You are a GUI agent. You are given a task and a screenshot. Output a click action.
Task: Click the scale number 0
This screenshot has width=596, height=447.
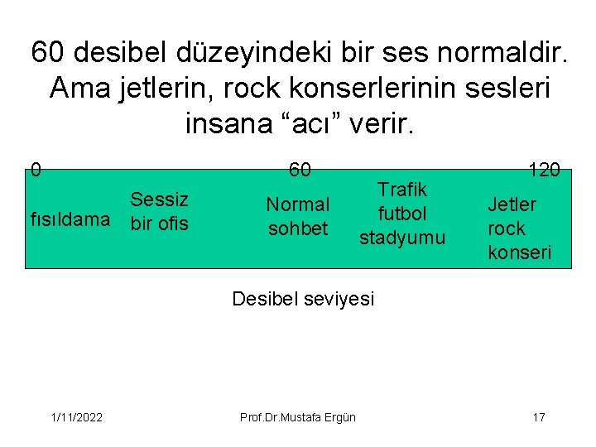pyautogui.click(x=35, y=171)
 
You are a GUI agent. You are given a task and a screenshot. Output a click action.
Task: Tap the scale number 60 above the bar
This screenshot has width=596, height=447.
pyautogui.click(x=300, y=171)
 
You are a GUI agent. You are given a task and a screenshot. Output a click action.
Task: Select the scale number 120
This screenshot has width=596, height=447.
pyautogui.click(x=545, y=171)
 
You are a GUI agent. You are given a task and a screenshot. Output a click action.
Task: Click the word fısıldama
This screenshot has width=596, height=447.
pyautogui.click(x=70, y=219)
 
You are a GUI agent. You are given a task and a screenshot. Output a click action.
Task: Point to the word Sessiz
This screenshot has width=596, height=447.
pyautogui.click(x=159, y=199)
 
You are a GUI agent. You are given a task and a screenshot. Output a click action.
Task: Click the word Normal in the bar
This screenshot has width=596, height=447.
pyautogui.click(x=298, y=204)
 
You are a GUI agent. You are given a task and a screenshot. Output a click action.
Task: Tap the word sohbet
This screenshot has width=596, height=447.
pyautogui.click(x=298, y=228)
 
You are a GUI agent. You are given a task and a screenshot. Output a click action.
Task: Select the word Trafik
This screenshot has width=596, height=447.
pyautogui.click(x=402, y=190)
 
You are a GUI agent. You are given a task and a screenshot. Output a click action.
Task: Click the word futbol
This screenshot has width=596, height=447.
pyautogui.click(x=402, y=214)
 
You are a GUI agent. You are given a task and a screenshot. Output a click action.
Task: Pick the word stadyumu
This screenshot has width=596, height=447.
pyautogui.click(x=402, y=238)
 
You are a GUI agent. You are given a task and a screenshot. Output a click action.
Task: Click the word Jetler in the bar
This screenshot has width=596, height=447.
pyautogui.click(x=512, y=204)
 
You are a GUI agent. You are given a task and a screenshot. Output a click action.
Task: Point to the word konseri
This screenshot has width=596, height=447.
pyautogui.click(x=519, y=252)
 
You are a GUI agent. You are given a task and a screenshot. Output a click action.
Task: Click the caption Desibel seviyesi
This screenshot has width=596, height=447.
pyautogui.click(x=303, y=299)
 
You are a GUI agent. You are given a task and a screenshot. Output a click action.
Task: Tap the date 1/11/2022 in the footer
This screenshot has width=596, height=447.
pyautogui.click(x=75, y=416)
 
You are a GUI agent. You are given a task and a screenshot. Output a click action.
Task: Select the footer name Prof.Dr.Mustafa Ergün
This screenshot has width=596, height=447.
pyautogui.click(x=298, y=416)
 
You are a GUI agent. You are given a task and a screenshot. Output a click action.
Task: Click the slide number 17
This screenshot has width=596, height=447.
pyautogui.click(x=538, y=416)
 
